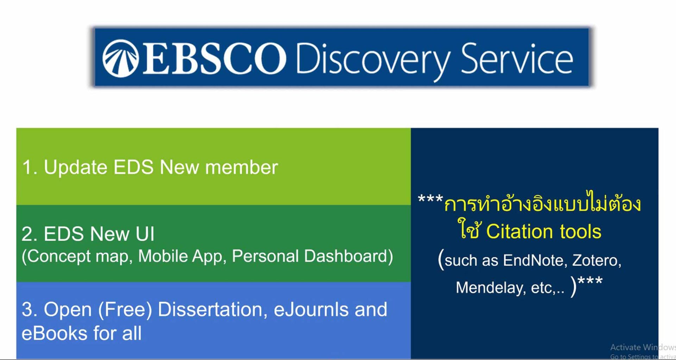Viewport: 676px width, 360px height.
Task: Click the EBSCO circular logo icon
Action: coord(120,58)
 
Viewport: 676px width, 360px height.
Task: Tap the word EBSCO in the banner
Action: coord(214,59)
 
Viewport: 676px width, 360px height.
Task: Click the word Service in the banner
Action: coord(517,58)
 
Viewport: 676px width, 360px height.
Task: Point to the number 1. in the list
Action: coord(30,167)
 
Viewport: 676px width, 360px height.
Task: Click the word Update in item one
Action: coord(75,167)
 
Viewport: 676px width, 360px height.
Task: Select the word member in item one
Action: coord(242,167)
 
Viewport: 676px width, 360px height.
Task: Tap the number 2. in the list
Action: coord(30,234)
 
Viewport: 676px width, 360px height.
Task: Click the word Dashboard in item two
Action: coord(349,256)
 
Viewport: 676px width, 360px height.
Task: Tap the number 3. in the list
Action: coord(30,310)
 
